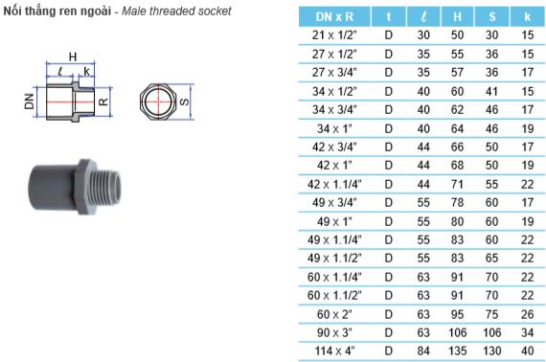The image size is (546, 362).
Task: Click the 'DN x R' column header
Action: coord(334,16)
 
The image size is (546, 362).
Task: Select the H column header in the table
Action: coord(457,16)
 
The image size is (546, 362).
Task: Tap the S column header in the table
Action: coord(492,16)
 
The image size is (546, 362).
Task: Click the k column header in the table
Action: coord(528,16)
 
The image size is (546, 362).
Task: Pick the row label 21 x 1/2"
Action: coord(334,35)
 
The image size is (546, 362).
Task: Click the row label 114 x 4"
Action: coord(334,351)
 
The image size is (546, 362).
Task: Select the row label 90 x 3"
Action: coord(334,332)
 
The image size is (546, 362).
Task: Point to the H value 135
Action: coord(457,351)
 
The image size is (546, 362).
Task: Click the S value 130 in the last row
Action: coord(492,351)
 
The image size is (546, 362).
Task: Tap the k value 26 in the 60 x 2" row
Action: coord(528,314)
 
